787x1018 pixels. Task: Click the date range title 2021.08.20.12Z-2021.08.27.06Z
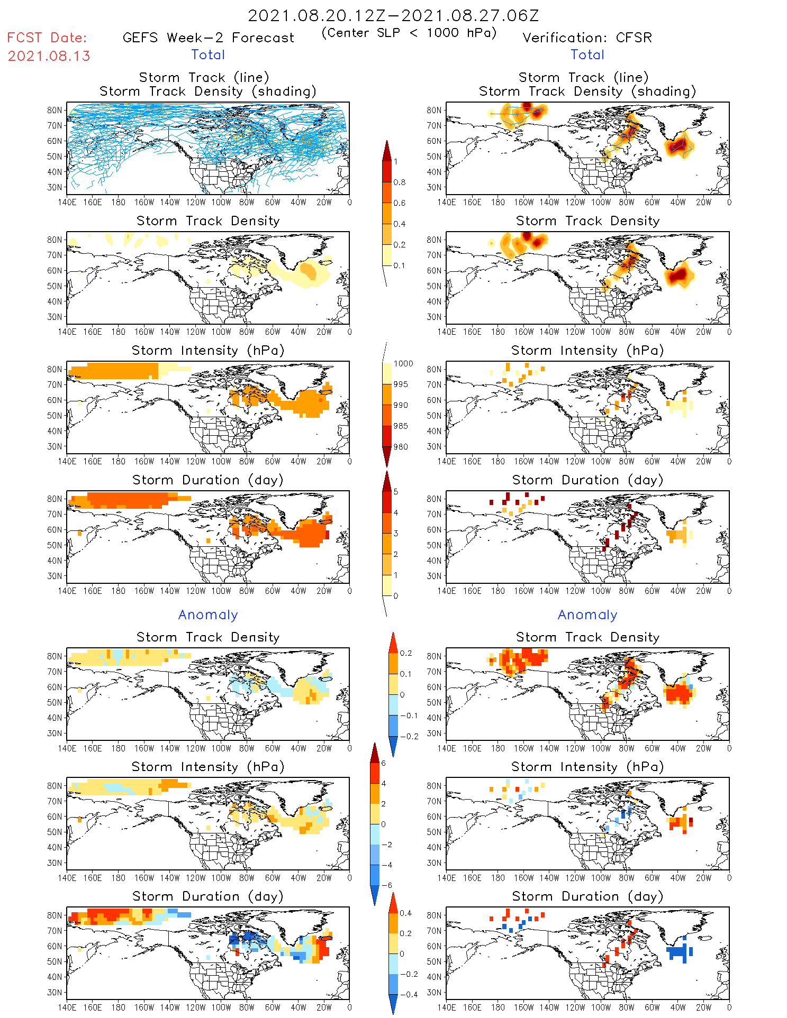coord(393,15)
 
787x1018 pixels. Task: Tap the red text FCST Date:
coord(47,38)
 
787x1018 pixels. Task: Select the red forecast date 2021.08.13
coord(49,56)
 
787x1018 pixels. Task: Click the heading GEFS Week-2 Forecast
coord(208,38)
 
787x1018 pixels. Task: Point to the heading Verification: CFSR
coord(587,38)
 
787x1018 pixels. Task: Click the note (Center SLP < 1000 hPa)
coord(409,33)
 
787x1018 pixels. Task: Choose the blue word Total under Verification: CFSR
coord(587,55)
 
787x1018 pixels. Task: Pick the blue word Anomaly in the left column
coord(208,615)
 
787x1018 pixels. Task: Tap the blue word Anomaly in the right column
coord(587,615)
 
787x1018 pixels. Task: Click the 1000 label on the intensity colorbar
coord(403,363)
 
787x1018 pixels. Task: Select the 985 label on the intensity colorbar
coord(401,426)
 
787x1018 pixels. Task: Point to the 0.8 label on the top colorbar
coord(400,182)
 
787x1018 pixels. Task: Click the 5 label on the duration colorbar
coord(396,492)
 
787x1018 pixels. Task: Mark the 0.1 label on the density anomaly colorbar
coord(405,674)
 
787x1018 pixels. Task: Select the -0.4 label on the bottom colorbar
coord(405,994)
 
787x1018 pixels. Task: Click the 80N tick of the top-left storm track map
coord(55,110)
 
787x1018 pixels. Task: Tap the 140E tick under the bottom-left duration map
coord(67,1007)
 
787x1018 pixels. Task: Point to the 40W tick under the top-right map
coord(677,202)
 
